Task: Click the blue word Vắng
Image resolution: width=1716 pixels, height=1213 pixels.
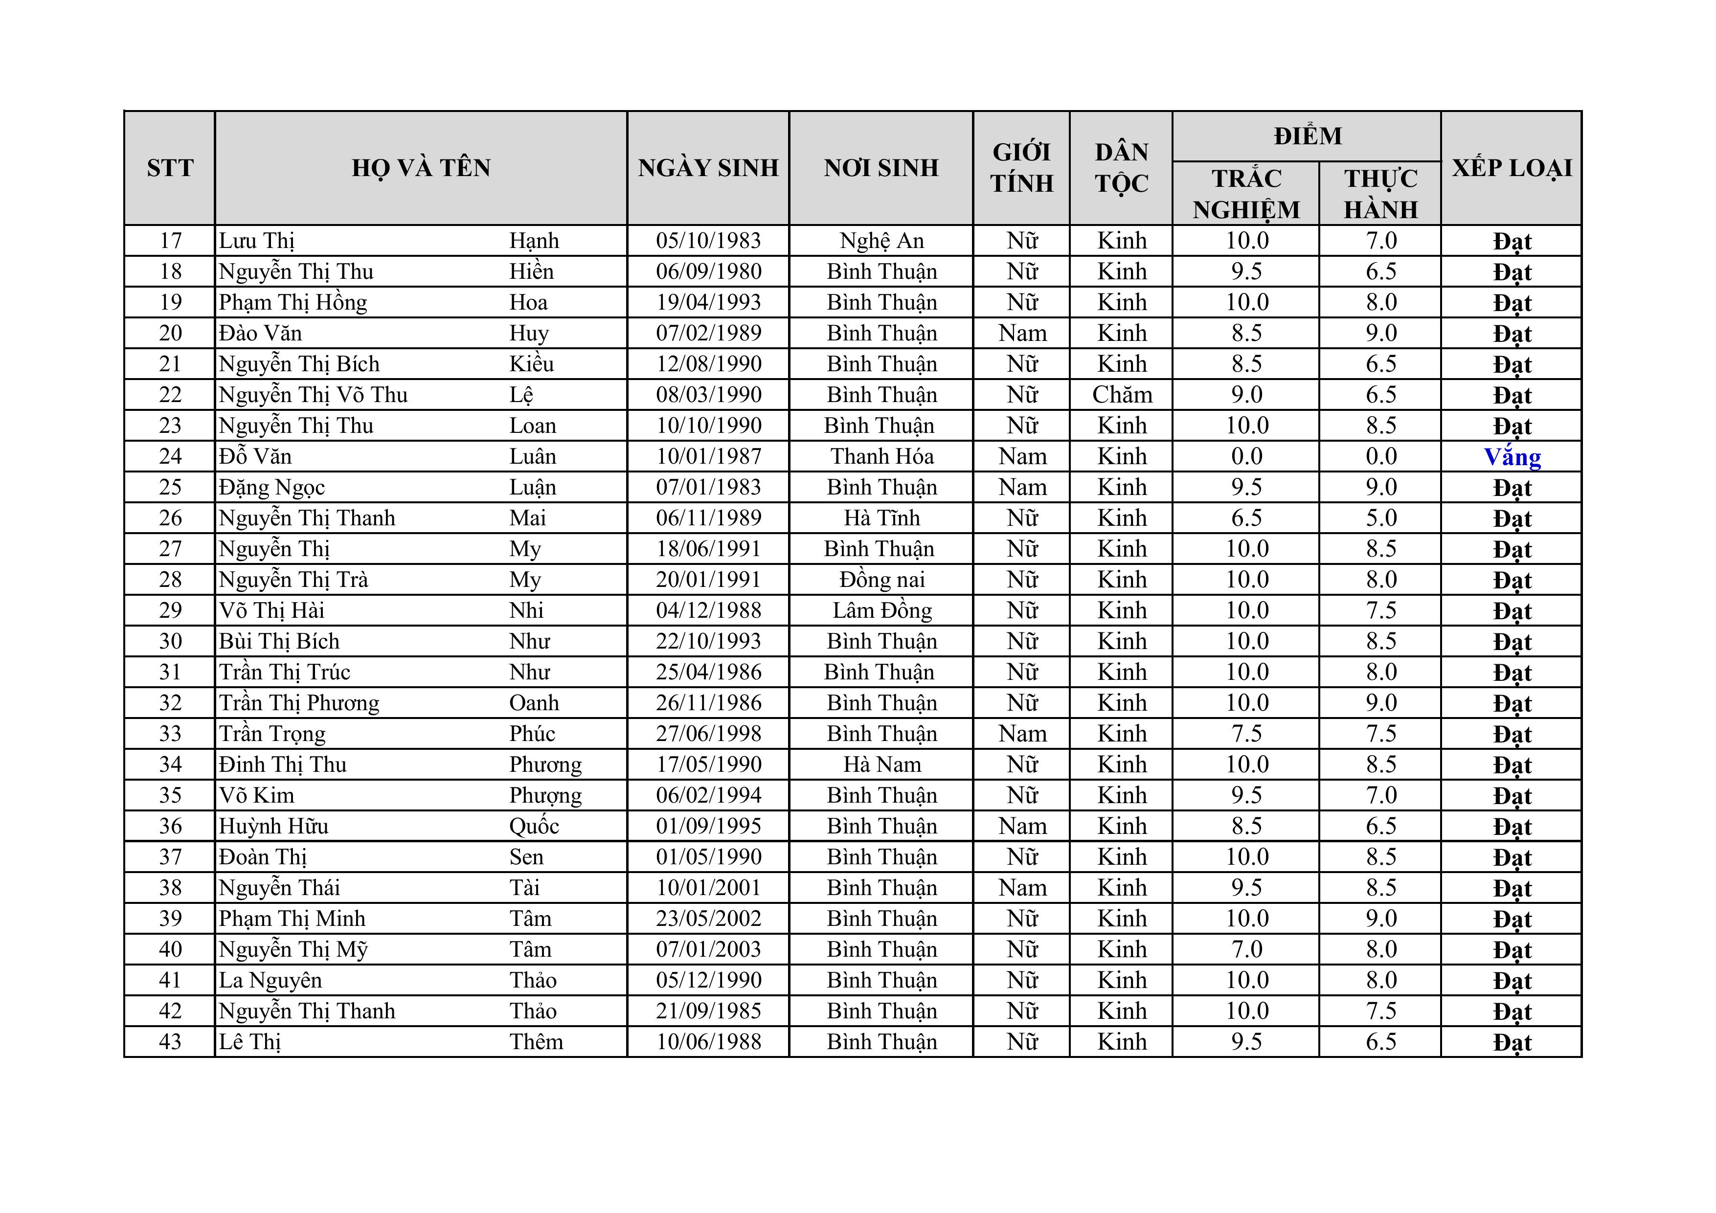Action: coord(1512,457)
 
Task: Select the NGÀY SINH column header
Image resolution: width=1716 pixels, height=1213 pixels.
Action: coord(708,167)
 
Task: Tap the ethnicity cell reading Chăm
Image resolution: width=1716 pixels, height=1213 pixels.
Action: coord(1122,395)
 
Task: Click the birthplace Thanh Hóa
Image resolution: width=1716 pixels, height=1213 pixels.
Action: coord(882,456)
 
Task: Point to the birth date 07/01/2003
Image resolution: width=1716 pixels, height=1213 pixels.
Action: coord(708,949)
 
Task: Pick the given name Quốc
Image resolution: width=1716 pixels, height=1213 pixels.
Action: coord(534,826)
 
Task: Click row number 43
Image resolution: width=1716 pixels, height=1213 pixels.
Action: coord(170,1041)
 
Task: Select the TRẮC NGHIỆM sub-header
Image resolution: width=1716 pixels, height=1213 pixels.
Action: coord(1246,194)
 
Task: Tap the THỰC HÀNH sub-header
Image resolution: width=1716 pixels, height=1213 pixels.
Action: coord(1380,194)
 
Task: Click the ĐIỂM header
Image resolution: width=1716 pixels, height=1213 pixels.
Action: coord(1307,136)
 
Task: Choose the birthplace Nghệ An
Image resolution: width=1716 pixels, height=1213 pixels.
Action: coord(882,241)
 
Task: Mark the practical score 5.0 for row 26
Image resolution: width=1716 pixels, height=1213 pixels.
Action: coord(1380,518)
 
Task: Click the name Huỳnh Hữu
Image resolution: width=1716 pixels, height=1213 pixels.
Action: coord(273,826)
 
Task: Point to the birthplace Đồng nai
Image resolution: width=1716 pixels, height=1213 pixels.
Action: coord(882,579)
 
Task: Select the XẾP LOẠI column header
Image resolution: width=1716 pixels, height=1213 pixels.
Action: coord(1511,167)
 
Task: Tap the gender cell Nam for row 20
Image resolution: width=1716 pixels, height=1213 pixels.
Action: coord(1022,333)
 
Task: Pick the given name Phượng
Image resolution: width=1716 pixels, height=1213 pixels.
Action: coord(545,795)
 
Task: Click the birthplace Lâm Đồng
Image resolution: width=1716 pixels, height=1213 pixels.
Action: coord(882,610)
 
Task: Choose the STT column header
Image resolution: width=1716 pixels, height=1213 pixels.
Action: coord(170,167)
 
